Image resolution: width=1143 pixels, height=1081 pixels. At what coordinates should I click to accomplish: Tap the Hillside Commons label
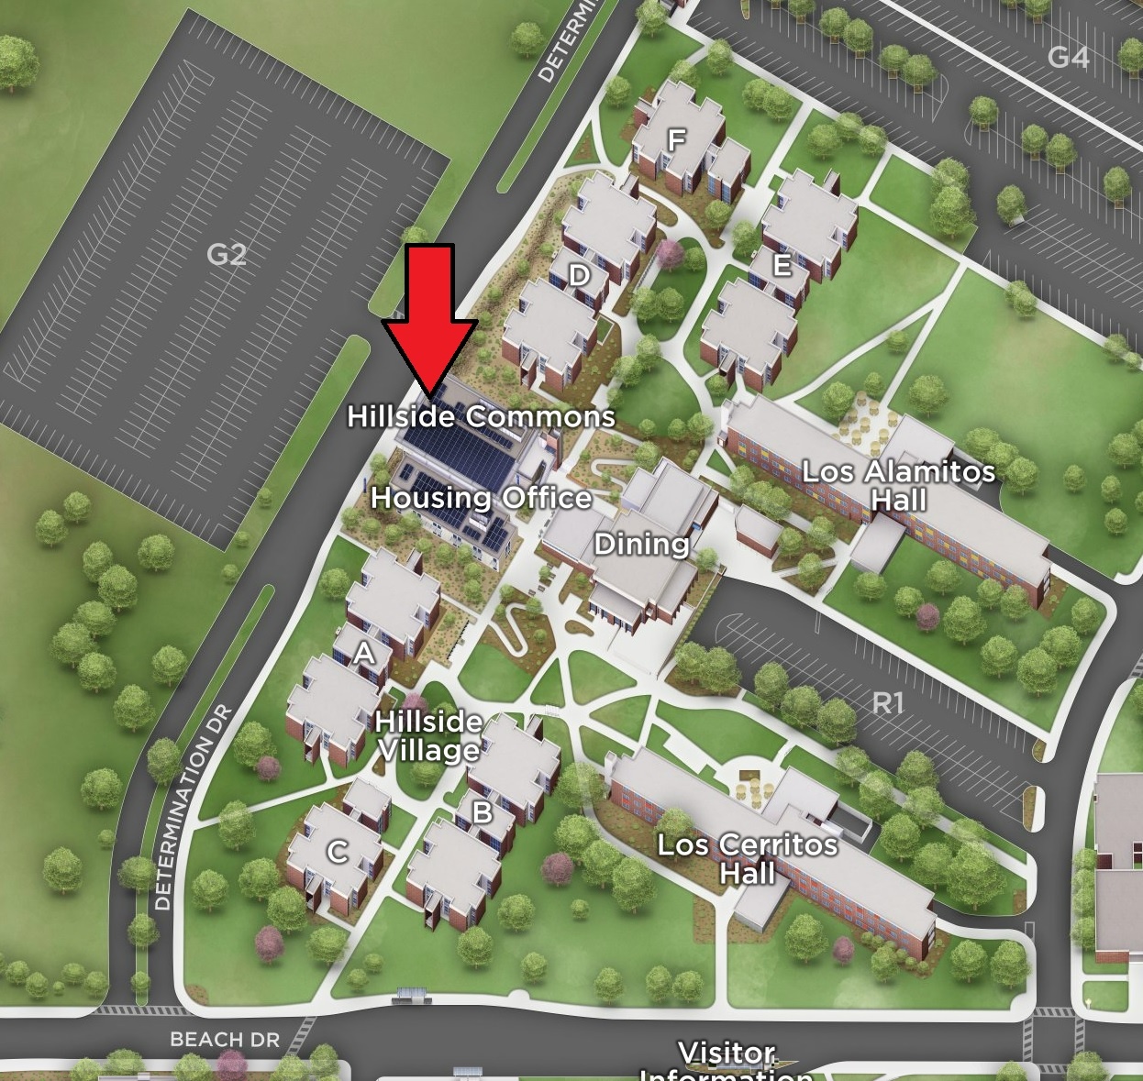pos(481,416)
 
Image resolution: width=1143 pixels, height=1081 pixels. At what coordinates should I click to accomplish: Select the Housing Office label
pos(481,498)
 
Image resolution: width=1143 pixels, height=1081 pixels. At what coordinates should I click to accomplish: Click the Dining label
pos(641,545)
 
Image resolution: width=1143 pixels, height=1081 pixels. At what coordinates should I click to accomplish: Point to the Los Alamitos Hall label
pos(898,486)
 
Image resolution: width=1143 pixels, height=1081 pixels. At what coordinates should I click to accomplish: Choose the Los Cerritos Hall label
pos(747,858)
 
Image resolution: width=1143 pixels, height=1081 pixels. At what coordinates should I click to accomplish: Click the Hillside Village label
pos(428,735)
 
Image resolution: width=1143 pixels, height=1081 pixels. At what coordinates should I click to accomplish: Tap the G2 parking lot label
pos(227,254)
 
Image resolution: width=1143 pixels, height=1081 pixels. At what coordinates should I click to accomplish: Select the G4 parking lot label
pos(1068,58)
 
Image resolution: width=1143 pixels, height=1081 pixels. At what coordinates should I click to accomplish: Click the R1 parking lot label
pos(887,703)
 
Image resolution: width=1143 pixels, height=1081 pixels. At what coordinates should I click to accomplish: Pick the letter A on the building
pos(365,654)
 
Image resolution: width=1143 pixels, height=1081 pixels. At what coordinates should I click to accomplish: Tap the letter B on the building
pos(482,811)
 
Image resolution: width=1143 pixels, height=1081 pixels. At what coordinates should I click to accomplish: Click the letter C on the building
pos(338,852)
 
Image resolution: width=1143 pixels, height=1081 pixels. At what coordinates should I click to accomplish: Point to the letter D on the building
pos(579,275)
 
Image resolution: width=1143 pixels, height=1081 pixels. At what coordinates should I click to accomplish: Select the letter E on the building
pos(782,266)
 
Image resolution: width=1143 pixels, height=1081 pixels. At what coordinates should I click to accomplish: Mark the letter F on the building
pos(676,140)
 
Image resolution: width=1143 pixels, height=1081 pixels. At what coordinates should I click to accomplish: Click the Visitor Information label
pos(726,1062)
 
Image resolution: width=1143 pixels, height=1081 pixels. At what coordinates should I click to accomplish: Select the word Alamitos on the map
pos(930,472)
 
